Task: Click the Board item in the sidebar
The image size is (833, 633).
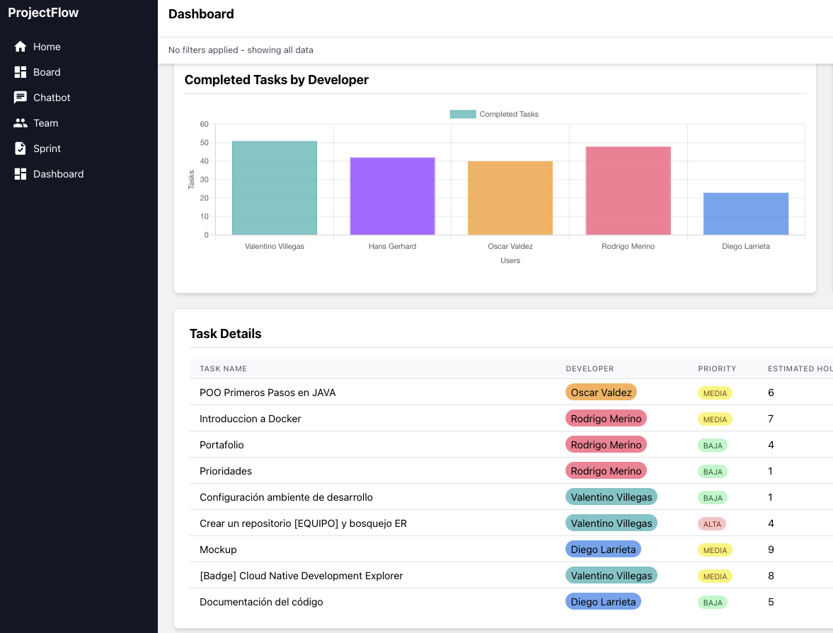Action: coord(46,72)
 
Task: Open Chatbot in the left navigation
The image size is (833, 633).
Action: coord(51,98)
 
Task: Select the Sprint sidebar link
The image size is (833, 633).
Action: coord(47,149)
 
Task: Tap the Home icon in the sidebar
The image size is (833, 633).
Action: coord(21,47)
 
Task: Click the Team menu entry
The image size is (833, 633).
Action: coord(45,123)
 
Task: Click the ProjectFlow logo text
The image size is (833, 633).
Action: coord(43,13)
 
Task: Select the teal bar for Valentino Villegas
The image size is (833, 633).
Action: coord(275,188)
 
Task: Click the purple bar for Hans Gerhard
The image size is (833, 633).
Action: coord(392,196)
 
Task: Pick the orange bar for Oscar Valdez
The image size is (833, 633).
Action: coord(510,198)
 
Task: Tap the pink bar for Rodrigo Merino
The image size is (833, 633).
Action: coord(628,191)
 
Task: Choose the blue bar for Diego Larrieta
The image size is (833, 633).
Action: coord(746,214)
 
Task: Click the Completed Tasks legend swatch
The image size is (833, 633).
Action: coord(463,114)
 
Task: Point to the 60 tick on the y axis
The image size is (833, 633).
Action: coord(204,124)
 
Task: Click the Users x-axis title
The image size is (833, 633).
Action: coord(510,260)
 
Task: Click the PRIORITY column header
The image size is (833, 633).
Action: coord(717,368)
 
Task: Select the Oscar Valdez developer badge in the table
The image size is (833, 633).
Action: coord(601,393)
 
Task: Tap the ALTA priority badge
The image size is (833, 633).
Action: coord(713,524)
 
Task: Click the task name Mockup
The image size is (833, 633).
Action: coord(218,550)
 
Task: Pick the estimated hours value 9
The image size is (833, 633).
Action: coord(771,550)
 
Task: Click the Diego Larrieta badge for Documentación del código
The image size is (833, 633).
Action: coord(603,602)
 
